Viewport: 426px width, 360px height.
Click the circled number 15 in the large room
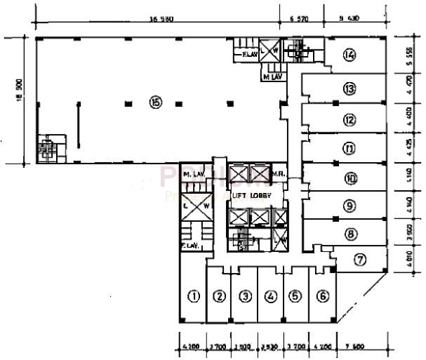155,102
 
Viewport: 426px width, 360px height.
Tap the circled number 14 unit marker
349,55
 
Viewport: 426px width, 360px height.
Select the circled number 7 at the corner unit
359,260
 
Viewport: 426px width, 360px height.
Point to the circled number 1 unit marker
194,296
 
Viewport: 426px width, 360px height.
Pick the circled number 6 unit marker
322,296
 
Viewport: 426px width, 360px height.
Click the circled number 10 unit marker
350,178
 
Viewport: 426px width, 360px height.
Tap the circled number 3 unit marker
245,296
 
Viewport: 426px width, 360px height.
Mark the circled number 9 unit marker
350,206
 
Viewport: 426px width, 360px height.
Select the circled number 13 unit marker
350,88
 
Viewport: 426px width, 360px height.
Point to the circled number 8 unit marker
350,234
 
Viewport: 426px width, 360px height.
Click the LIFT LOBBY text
253,196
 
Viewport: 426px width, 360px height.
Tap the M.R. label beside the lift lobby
277,173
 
